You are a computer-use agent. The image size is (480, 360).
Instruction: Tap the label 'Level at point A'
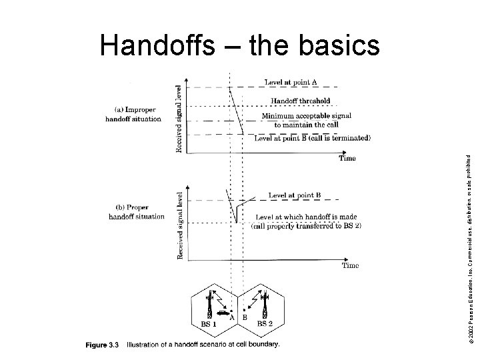coord(291,82)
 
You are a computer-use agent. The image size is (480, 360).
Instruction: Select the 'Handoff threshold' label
coord(300,101)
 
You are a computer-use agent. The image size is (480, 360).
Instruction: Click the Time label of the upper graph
coord(347,159)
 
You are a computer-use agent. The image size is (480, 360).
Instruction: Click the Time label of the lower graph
coord(350,265)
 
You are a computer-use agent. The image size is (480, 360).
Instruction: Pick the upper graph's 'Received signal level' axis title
coord(179,118)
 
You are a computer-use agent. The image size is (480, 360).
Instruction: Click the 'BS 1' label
coord(209,323)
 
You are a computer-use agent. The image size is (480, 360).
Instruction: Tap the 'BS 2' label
coord(264,323)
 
